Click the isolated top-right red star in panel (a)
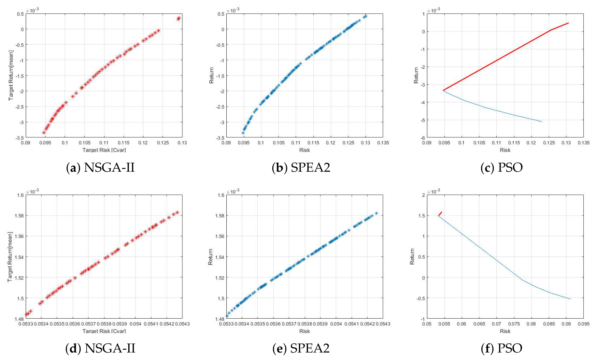click(x=178, y=19)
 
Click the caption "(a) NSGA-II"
click(x=100, y=167)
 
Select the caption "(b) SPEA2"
click(x=301, y=167)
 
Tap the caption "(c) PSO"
click(x=502, y=167)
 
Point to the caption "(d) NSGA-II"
click(x=100, y=348)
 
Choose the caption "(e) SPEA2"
click(x=301, y=348)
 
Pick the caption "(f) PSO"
click(x=502, y=348)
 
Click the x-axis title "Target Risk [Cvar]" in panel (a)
click(x=104, y=150)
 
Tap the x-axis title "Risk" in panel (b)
click(x=305, y=150)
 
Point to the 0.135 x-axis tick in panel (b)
click(x=383, y=143)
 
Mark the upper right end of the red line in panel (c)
click(x=568, y=23)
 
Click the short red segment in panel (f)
click(x=440, y=214)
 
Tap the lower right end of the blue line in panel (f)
click(x=570, y=299)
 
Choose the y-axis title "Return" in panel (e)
click(x=211, y=257)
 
